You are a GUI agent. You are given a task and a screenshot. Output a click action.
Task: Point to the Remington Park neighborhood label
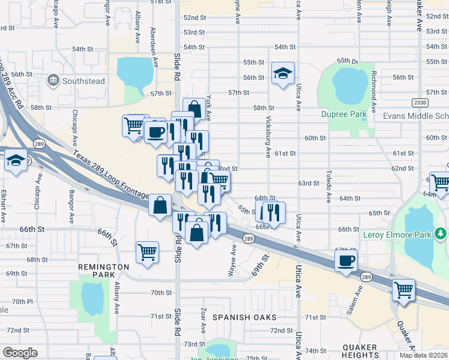click(103, 271)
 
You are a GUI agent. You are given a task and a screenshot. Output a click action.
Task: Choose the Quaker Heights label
click(360, 351)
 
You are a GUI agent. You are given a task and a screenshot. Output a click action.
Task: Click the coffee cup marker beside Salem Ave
click(346, 261)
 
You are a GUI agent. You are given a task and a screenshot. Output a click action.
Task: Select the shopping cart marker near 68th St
click(147, 252)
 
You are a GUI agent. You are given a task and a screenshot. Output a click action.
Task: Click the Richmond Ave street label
click(373, 85)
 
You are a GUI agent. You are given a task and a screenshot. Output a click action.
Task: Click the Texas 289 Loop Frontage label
click(111, 175)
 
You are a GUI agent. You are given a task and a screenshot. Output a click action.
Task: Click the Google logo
click(20, 353)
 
